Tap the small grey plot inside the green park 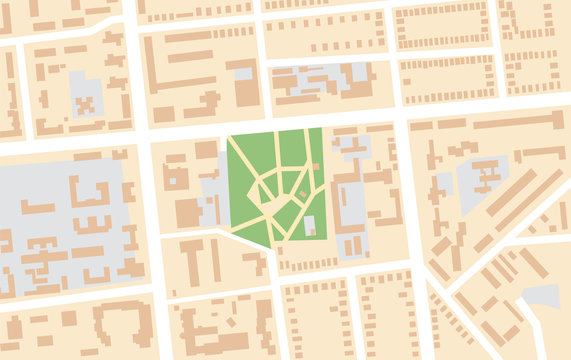pos(310,226)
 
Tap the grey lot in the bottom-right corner pos(543,295)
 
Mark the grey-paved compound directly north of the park pos(320,80)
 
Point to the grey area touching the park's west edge pos(212,195)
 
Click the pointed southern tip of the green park pos(268,245)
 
